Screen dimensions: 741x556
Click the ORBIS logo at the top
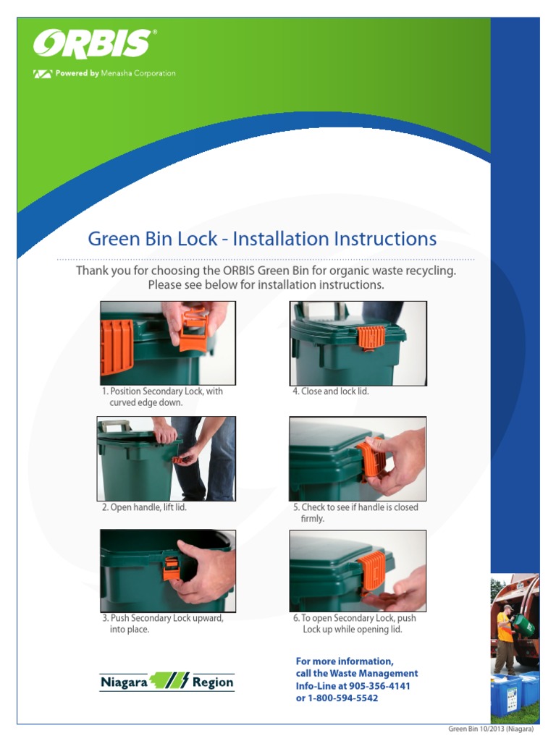(x=93, y=44)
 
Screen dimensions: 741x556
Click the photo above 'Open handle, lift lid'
(x=167, y=459)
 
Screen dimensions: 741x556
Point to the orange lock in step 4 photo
(x=371, y=336)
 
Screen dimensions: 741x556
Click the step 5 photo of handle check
(x=358, y=459)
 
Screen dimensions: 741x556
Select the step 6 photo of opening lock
(x=358, y=570)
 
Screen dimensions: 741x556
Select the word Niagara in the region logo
(x=124, y=682)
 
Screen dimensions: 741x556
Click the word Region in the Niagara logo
(x=213, y=682)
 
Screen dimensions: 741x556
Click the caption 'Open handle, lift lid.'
(x=148, y=507)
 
